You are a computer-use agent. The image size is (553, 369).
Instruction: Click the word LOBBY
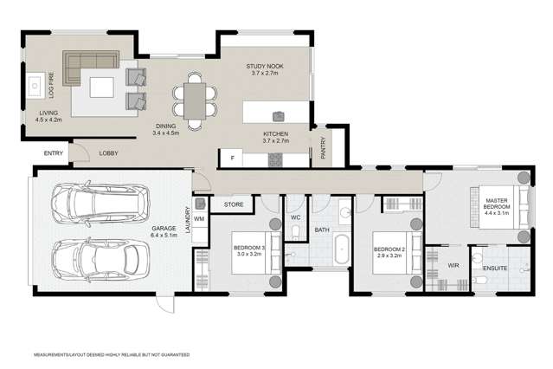pyautogui.click(x=109, y=153)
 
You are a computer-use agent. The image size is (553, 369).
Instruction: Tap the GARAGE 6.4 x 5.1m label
pyautogui.click(x=164, y=230)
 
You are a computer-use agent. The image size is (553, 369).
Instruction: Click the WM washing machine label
pyautogui.click(x=198, y=218)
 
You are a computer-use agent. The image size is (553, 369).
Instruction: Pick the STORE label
pyautogui.click(x=234, y=205)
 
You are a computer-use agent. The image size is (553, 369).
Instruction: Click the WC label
pyautogui.click(x=295, y=217)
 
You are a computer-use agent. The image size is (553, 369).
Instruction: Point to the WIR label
pyautogui.click(x=453, y=267)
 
